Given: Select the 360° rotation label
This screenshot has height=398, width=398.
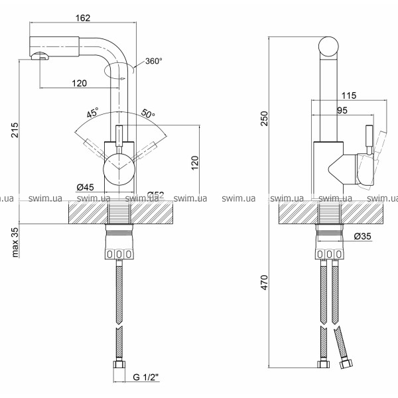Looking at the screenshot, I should [x=154, y=60].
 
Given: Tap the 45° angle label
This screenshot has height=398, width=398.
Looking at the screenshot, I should [x=92, y=113].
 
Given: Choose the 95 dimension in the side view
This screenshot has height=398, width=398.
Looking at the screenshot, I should [x=343, y=111].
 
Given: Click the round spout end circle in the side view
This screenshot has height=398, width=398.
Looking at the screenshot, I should [x=329, y=48].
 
